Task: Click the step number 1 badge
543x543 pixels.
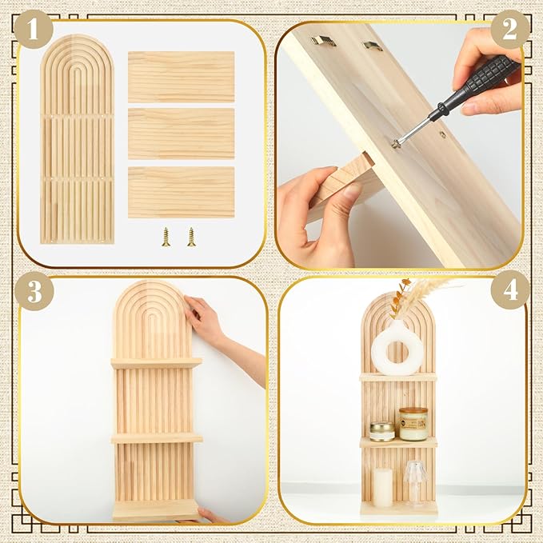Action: (x=34, y=30)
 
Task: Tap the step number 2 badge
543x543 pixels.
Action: (x=509, y=30)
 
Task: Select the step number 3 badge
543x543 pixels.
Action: (x=34, y=291)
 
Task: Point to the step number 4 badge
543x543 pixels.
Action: (x=510, y=290)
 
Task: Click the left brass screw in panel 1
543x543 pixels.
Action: (x=166, y=237)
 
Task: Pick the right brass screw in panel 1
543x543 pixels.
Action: (x=191, y=237)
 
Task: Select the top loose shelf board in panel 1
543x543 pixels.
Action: (x=181, y=77)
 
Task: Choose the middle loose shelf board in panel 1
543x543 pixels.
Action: (x=181, y=134)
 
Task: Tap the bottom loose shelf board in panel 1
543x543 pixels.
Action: (x=181, y=192)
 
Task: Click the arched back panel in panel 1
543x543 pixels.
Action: (x=77, y=139)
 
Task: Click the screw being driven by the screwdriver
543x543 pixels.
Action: (x=395, y=143)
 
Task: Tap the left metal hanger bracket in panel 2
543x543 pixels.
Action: (x=323, y=41)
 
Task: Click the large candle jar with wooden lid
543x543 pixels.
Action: (x=413, y=424)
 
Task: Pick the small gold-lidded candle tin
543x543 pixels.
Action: (x=382, y=432)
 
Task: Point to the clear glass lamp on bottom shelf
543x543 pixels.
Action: (x=414, y=482)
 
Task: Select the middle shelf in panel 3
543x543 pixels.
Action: (x=157, y=439)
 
